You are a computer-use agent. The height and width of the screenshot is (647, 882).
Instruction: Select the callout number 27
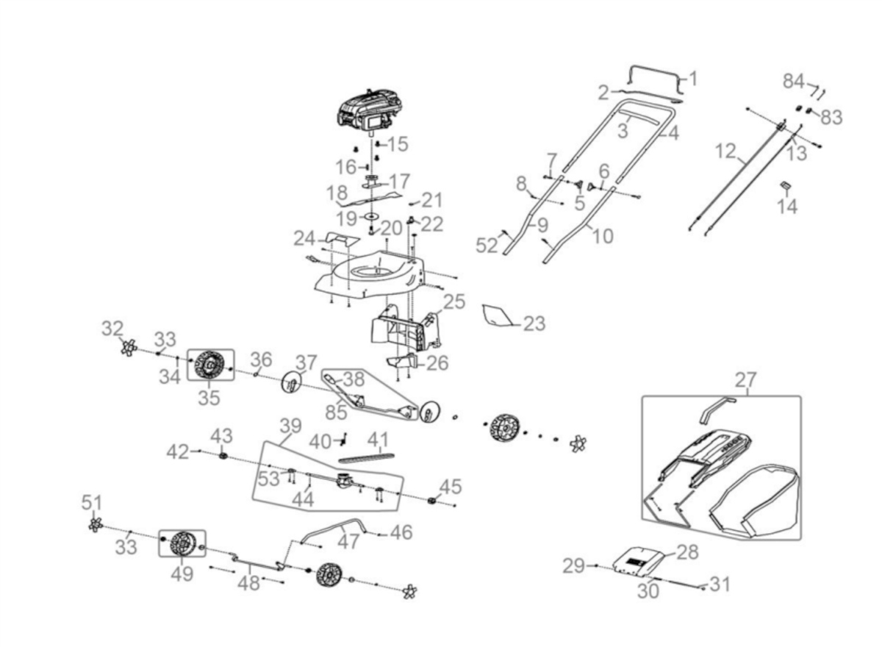coord(745,381)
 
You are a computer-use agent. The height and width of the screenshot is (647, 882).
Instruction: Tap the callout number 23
coord(534,323)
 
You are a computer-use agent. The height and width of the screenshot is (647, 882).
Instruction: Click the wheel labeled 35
coord(209,363)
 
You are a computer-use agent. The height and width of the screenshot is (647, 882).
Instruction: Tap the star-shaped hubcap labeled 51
coord(94,524)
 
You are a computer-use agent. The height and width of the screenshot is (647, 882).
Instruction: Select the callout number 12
coord(725,152)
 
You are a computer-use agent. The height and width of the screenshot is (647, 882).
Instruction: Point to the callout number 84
coord(793,81)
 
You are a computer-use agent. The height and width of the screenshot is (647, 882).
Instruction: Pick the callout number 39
coord(291,426)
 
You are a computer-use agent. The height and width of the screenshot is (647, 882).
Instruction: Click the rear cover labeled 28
coord(639,560)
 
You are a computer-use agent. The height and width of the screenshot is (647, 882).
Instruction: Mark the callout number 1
coord(692,78)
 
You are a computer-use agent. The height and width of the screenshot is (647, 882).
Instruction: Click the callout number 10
coord(602,236)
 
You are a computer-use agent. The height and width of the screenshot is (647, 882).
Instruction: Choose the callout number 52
coord(487,246)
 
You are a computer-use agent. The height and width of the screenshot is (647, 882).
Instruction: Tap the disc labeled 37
coord(293,383)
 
